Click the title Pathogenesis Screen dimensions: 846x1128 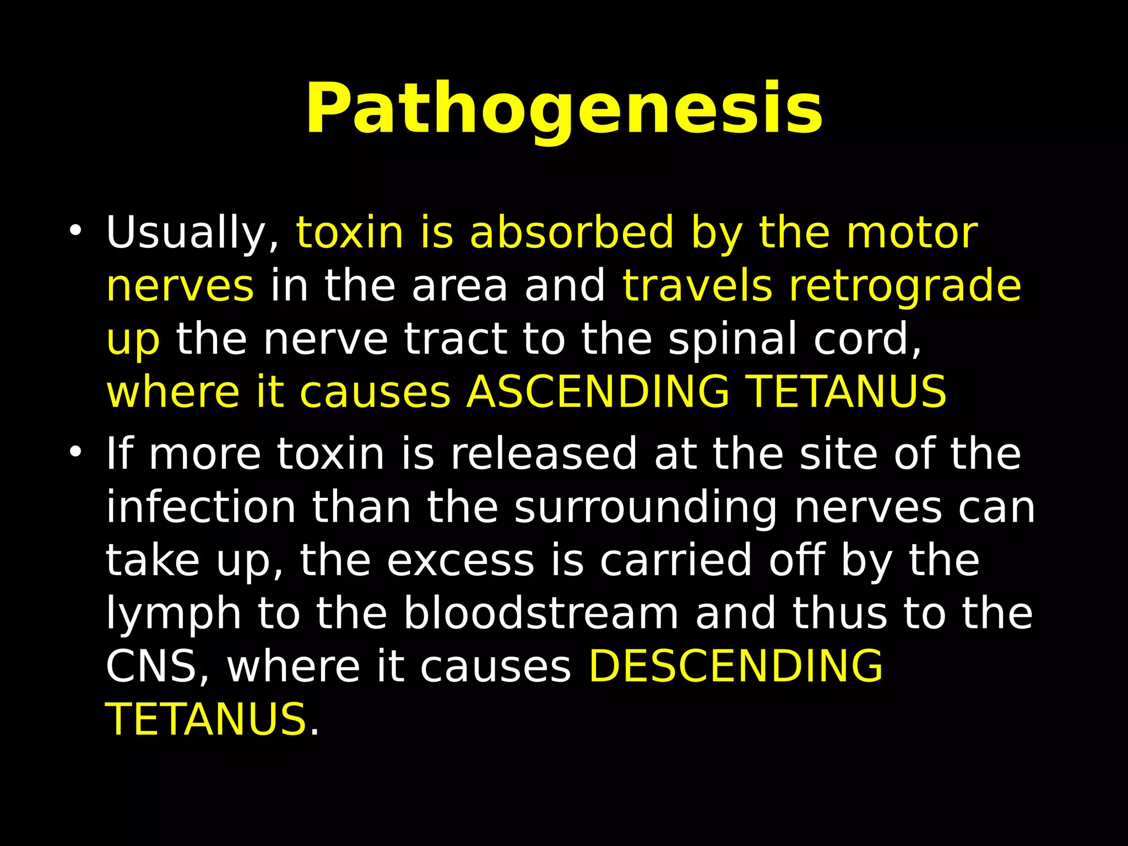click(564, 109)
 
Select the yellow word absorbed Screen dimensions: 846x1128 click(572, 232)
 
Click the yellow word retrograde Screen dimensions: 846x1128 click(905, 286)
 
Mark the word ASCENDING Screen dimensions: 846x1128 click(598, 392)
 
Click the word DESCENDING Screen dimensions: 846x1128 click(736, 665)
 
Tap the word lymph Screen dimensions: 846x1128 click(173, 614)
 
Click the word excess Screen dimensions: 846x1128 click(460, 561)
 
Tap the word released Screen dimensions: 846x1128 click(544, 454)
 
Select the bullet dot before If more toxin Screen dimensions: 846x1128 click(75, 452)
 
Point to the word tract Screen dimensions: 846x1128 click(456, 339)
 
